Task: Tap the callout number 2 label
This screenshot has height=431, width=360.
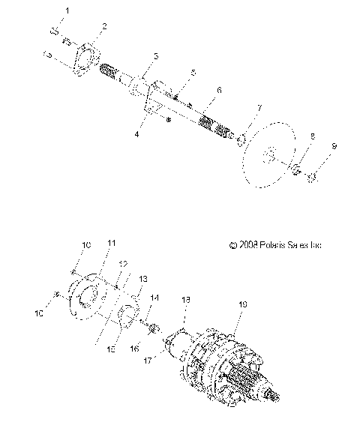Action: [103, 26]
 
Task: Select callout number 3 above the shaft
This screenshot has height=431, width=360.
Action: [155, 56]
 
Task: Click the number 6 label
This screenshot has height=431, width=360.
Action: [219, 89]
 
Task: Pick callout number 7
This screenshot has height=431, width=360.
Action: [259, 109]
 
